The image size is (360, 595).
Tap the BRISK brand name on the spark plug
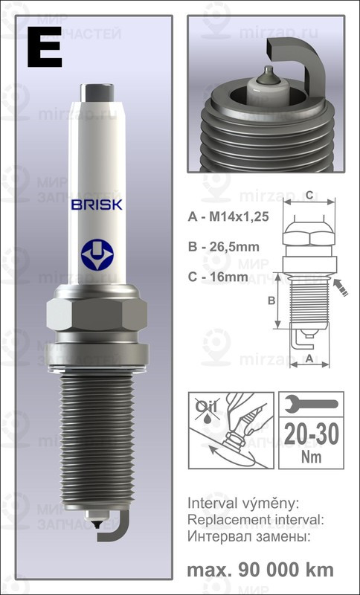pyautogui.click(x=97, y=204)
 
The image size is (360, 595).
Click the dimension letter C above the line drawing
pyautogui.click(x=308, y=195)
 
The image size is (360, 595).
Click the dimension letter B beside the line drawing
pyautogui.click(x=271, y=300)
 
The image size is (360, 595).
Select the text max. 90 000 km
pyautogui.click(x=260, y=570)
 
